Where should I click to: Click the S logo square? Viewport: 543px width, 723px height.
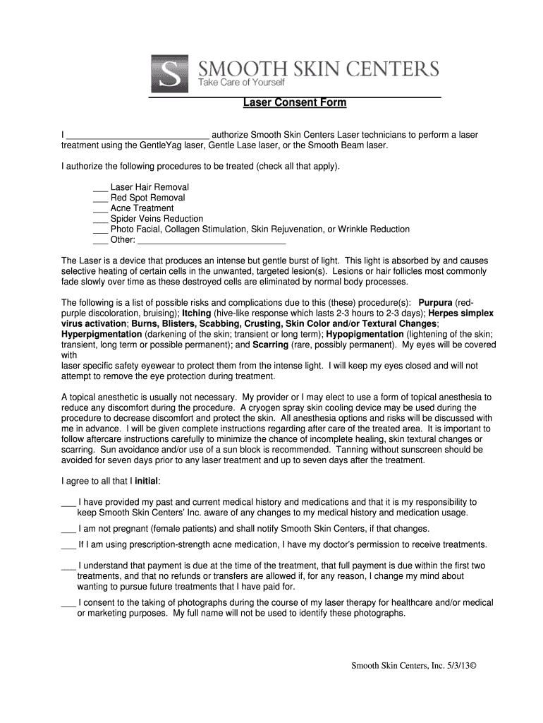[169, 73]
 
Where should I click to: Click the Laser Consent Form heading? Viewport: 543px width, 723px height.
[295, 103]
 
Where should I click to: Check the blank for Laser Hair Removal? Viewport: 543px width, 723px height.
[100, 188]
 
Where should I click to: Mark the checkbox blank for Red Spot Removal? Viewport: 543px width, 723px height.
[100, 198]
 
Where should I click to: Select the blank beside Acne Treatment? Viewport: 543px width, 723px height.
[100, 209]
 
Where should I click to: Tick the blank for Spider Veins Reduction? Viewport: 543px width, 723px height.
[100, 220]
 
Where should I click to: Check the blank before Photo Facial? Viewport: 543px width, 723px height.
[100, 230]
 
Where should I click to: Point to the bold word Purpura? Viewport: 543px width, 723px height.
[435, 303]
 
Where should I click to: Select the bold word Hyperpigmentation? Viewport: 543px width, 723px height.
[102, 334]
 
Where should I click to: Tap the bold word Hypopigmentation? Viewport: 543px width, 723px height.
[365, 334]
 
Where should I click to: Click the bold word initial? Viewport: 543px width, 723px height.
[146, 482]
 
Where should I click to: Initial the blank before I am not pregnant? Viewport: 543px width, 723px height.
[68, 530]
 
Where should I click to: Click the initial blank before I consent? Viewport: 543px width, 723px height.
[68, 604]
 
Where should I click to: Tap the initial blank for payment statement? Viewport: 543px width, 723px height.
[68, 566]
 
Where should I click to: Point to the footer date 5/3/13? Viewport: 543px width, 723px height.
[461, 666]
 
